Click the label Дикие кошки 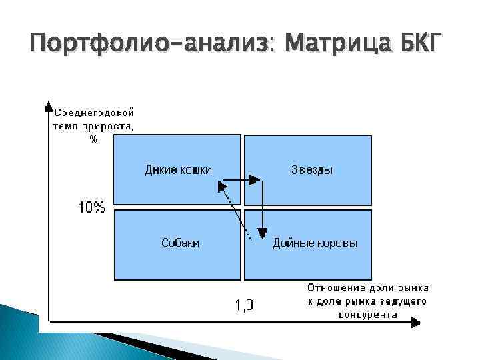pos(178,170)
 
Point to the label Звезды pos(312,170)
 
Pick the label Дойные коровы pos(315,243)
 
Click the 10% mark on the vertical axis pos(92,207)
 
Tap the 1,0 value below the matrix pos(243,305)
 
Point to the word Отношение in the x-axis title pos(335,288)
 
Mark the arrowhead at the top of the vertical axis pos(47,105)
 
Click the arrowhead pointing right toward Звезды pos(254,179)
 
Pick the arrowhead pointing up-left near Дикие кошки pos(221,187)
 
